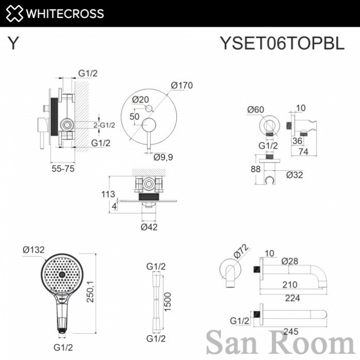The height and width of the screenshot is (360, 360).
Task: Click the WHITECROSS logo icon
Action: click(14, 13)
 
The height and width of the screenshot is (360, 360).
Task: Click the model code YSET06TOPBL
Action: click(282, 44)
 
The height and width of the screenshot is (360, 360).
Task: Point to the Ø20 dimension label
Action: click(140, 99)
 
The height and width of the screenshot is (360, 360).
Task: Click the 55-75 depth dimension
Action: click(63, 168)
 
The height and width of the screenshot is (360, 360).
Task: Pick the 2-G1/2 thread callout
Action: click(104, 125)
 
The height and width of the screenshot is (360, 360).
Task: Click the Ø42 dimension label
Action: click(149, 226)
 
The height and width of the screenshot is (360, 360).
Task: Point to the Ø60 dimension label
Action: click(255, 109)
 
